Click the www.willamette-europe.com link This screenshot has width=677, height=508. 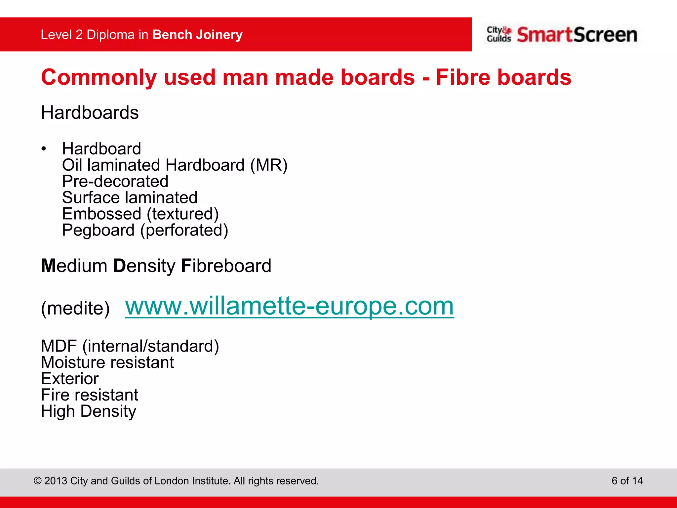(x=289, y=306)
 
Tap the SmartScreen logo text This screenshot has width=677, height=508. (x=577, y=35)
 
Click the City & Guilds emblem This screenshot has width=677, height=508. (x=498, y=34)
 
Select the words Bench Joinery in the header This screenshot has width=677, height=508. (x=197, y=35)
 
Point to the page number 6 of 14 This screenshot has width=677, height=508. (x=627, y=481)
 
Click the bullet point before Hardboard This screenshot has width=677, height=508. (x=44, y=149)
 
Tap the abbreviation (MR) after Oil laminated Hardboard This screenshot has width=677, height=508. (x=269, y=165)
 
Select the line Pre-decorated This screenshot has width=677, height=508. (x=115, y=181)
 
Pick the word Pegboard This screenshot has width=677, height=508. (x=98, y=230)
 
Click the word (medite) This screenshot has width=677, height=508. (x=75, y=308)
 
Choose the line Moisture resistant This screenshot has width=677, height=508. (x=107, y=362)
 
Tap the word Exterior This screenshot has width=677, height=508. (x=70, y=379)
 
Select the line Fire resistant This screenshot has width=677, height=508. (x=89, y=395)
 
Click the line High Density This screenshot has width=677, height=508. (x=88, y=411)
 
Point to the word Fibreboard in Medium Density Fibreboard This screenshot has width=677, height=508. (x=226, y=266)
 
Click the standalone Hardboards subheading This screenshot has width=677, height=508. (x=90, y=113)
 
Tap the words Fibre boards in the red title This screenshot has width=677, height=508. (x=503, y=77)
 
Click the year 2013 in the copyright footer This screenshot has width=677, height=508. (x=56, y=481)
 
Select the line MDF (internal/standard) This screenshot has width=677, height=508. (x=130, y=346)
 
